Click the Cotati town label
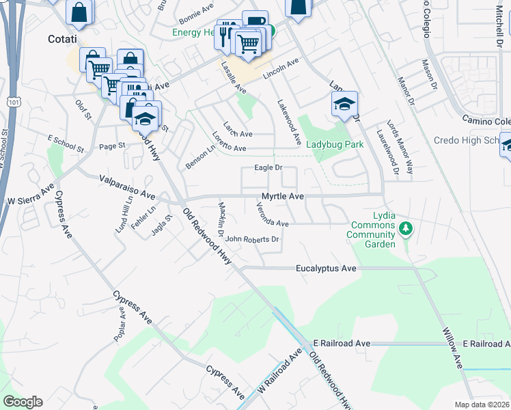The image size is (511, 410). tap(62, 39)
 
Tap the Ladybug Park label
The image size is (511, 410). tap(335, 144)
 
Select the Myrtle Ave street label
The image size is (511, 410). tap(283, 196)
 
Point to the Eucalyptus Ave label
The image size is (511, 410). tap(326, 269)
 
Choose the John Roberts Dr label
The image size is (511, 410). tap(252, 239)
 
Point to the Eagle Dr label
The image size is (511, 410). tap(268, 167)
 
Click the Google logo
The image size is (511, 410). tap(23, 402)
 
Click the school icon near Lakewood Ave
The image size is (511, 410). tap(345, 104)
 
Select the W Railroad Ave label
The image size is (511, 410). tap(279, 373)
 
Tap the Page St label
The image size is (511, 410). tap(113, 146)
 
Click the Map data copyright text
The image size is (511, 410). tap(482, 405)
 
